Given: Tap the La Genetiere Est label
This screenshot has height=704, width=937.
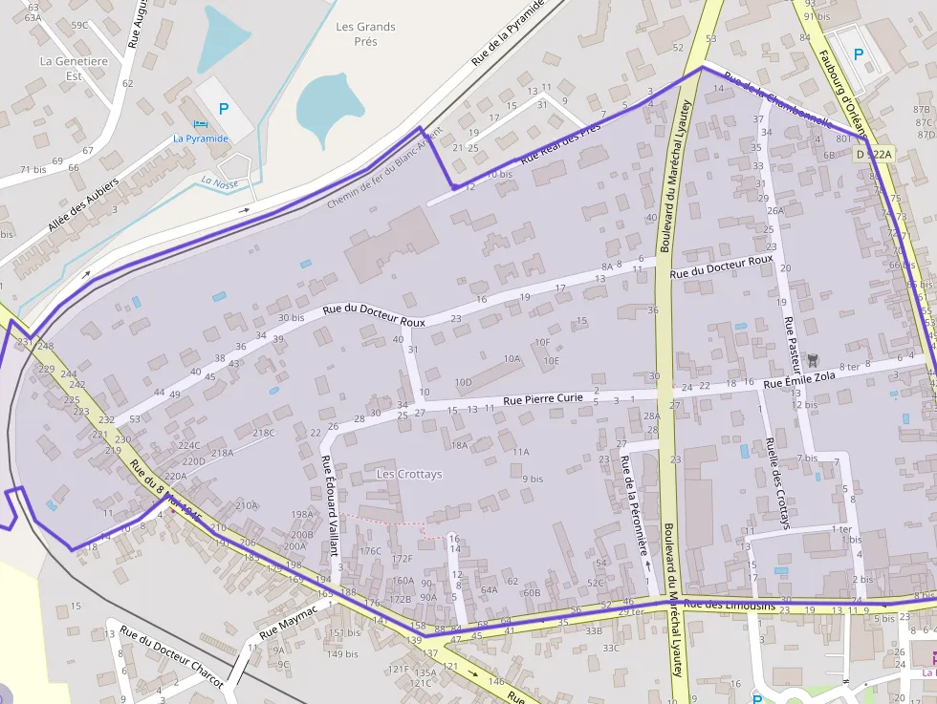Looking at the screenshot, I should (x=74, y=69).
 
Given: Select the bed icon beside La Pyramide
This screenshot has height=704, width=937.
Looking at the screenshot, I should (x=200, y=124).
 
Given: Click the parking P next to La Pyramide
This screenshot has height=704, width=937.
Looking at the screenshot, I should (x=224, y=109).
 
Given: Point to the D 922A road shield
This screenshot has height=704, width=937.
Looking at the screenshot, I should (x=873, y=154).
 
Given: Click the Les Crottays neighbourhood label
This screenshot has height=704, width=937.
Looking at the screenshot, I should (x=409, y=474).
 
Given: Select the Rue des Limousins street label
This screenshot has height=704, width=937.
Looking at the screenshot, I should (x=730, y=604).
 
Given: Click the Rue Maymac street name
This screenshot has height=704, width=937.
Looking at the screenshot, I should (x=287, y=622).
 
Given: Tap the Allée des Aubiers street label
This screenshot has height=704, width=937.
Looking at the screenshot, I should (x=83, y=204).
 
